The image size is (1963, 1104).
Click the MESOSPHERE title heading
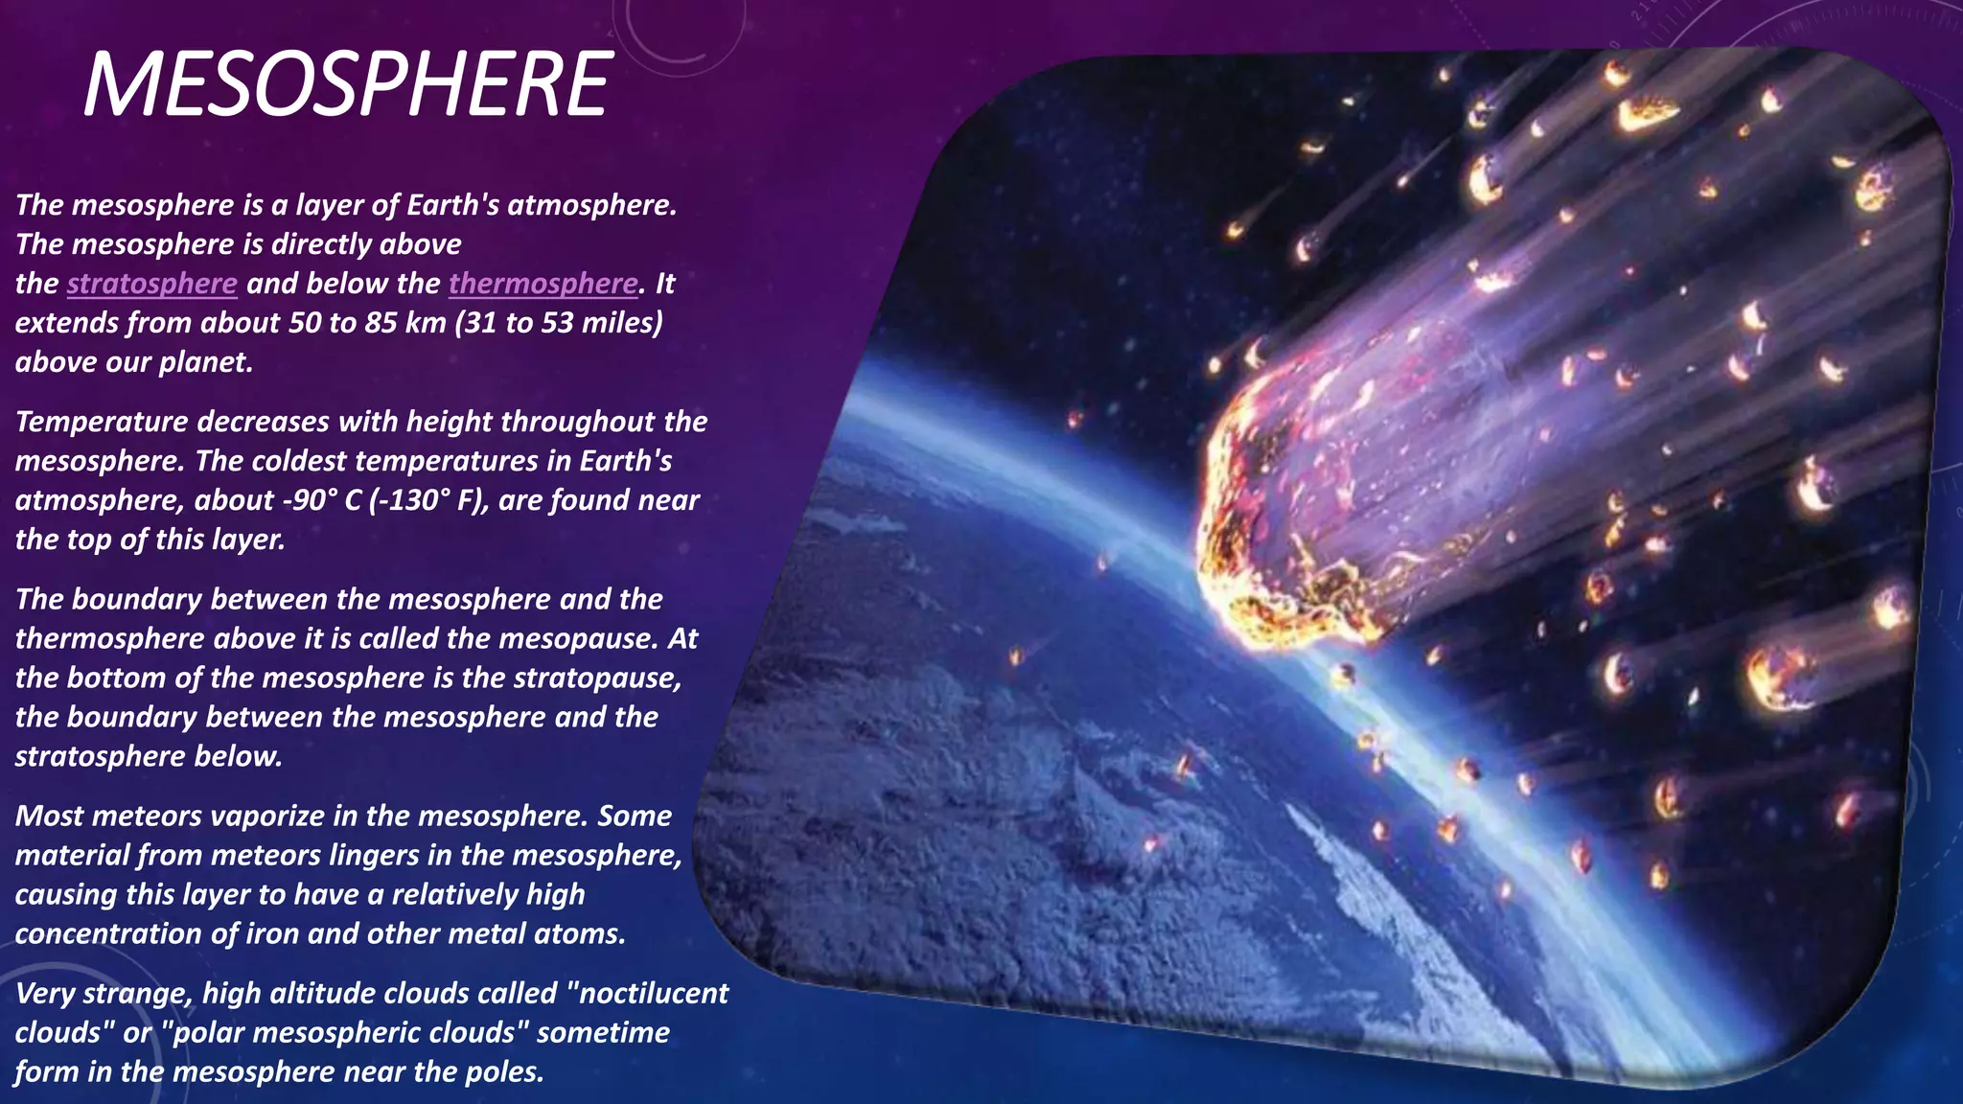click(x=347, y=85)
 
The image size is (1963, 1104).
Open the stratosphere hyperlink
click(x=151, y=284)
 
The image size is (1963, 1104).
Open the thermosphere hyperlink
click(x=543, y=284)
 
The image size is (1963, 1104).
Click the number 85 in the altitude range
click(x=381, y=323)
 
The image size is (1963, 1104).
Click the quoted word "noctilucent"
click(x=648, y=993)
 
